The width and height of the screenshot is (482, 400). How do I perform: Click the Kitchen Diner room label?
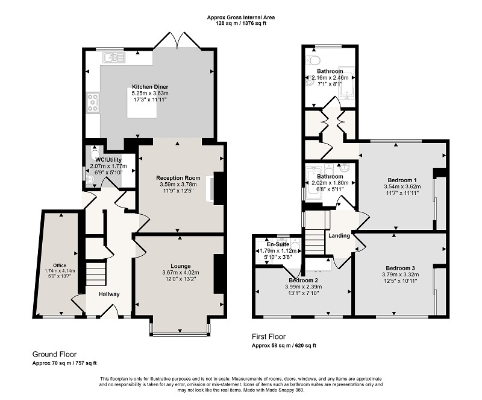[x=150, y=87]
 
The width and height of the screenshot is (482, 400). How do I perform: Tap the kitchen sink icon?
[x=114, y=57]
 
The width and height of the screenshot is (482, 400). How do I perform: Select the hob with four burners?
[x=93, y=103]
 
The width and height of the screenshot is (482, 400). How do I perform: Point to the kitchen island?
[x=142, y=103]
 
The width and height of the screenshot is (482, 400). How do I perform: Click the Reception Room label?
[x=178, y=178]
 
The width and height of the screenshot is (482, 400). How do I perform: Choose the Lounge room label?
[x=181, y=266]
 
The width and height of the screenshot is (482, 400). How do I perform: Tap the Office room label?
[x=60, y=265]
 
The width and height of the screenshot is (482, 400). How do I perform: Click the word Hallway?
[x=109, y=294]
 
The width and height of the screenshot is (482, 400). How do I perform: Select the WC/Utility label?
[x=108, y=160]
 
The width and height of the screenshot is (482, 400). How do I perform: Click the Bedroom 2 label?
[x=303, y=281]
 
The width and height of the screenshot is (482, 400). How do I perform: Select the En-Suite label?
[x=278, y=244]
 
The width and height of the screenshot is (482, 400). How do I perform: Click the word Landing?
[x=339, y=236]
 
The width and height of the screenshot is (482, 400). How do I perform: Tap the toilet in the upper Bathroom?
[x=313, y=60]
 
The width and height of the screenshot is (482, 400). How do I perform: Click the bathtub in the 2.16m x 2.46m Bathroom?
[x=347, y=83]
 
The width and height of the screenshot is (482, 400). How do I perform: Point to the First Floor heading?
[x=269, y=337]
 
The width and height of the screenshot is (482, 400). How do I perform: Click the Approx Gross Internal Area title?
[x=240, y=17]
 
